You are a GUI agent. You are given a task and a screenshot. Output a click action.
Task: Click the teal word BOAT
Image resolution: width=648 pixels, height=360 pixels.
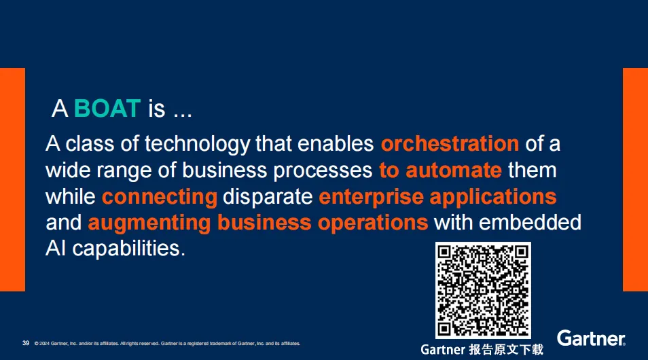pos(107,109)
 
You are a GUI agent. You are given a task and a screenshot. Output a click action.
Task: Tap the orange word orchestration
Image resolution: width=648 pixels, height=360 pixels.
pos(450,144)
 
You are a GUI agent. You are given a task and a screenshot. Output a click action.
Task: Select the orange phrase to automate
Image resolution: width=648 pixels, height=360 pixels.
pos(440,170)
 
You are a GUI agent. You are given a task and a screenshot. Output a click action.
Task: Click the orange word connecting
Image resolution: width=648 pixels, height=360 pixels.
pos(160,197)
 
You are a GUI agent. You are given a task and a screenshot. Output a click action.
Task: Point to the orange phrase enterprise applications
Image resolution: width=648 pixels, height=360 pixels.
pos(437,197)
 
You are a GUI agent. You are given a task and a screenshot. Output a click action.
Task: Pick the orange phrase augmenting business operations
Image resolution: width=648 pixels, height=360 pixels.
pos(258,223)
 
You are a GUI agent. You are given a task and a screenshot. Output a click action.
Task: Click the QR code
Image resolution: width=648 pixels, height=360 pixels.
pos(483,290)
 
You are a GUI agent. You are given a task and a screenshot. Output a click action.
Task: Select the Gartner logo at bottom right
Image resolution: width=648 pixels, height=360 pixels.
pos(591,338)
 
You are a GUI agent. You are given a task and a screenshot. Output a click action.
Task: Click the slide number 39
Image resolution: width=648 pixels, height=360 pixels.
pos(26,343)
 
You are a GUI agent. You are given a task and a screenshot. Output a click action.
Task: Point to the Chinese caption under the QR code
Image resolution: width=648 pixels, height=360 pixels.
pos(482,350)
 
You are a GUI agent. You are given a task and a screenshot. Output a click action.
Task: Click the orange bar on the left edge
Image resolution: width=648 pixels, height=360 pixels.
pos(12,179)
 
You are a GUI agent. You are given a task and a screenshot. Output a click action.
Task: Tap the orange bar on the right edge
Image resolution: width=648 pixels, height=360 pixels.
pos(635,179)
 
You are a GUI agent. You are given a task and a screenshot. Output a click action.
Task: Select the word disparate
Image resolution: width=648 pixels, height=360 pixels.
pos(268,197)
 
